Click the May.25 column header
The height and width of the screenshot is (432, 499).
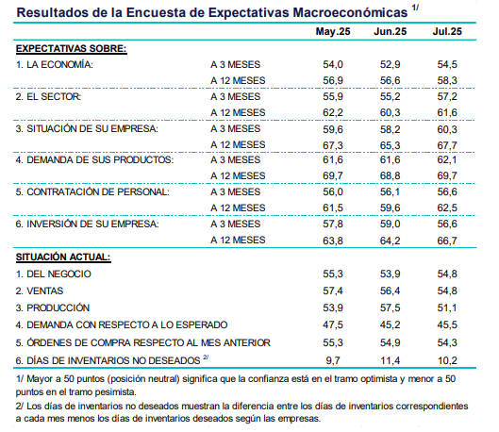pos(333,31)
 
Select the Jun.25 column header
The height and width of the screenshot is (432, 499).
pos(391,31)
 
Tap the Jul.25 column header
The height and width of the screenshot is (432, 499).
pos(447,31)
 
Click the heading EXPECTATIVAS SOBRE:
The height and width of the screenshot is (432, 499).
pos(72,49)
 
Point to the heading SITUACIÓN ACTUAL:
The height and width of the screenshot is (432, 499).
pos(63,258)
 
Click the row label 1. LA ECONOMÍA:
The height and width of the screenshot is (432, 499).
pos(55,64)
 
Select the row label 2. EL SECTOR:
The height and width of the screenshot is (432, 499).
pos(48,96)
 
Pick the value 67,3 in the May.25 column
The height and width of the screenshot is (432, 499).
pos(333,145)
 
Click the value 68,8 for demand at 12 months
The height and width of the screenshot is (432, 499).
pos(391,176)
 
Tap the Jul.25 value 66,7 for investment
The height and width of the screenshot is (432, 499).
pos(447,241)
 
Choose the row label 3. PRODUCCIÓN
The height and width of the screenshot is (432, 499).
pos(53,307)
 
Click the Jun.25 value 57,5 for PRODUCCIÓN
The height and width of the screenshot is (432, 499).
pos(391,307)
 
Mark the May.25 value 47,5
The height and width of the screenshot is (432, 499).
pos(333,324)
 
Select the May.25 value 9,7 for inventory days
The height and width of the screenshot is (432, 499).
pos(333,360)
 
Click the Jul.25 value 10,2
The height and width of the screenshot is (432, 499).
pos(447,360)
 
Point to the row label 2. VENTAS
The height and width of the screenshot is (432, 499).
pos(40,291)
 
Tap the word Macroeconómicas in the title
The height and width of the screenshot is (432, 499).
pos(350,12)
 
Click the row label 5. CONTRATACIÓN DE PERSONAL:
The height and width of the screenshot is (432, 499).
pos(92,192)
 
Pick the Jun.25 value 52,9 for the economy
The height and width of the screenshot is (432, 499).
pos(391,64)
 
